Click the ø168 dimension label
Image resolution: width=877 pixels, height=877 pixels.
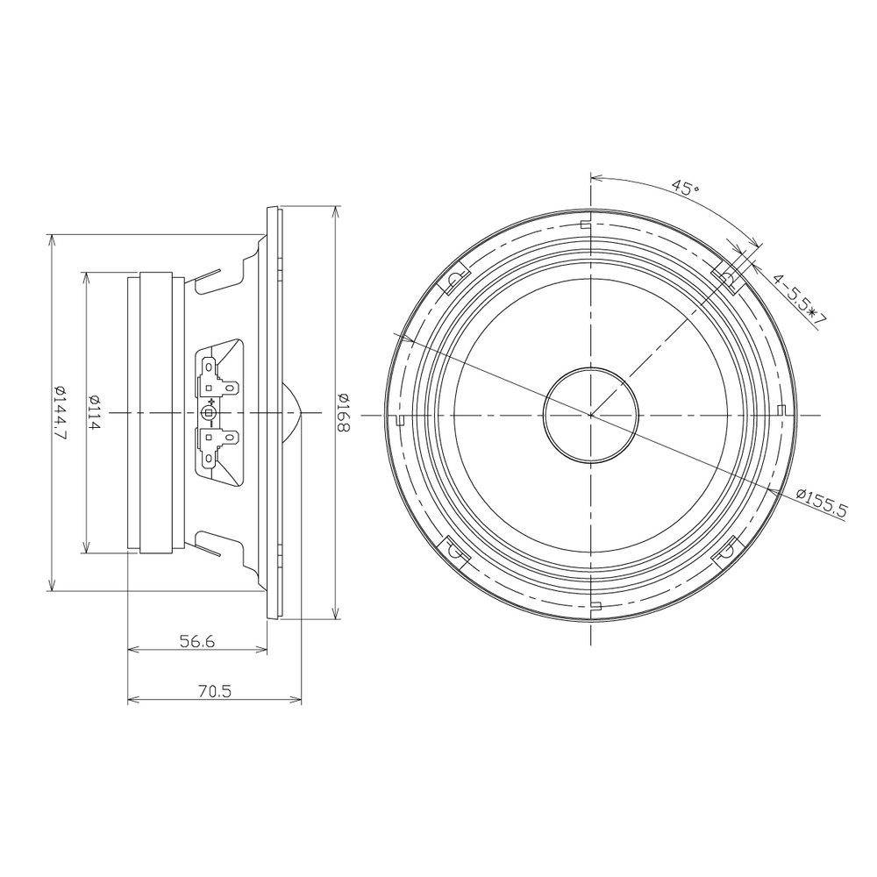tap(344, 412)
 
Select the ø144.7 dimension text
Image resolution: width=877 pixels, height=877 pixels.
tap(61, 413)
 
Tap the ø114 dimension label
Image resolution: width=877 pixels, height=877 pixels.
tap(95, 412)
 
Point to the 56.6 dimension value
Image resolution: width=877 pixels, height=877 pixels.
tap(197, 641)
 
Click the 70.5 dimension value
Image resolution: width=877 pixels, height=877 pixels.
tap(214, 691)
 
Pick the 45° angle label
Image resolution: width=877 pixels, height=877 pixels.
tap(685, 187)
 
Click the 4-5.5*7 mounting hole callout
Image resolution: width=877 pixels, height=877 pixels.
tap(799, 300)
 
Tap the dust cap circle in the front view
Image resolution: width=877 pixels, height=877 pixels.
tap(590, 415)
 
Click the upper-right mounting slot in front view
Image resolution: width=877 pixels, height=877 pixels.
tap(728, 278)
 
